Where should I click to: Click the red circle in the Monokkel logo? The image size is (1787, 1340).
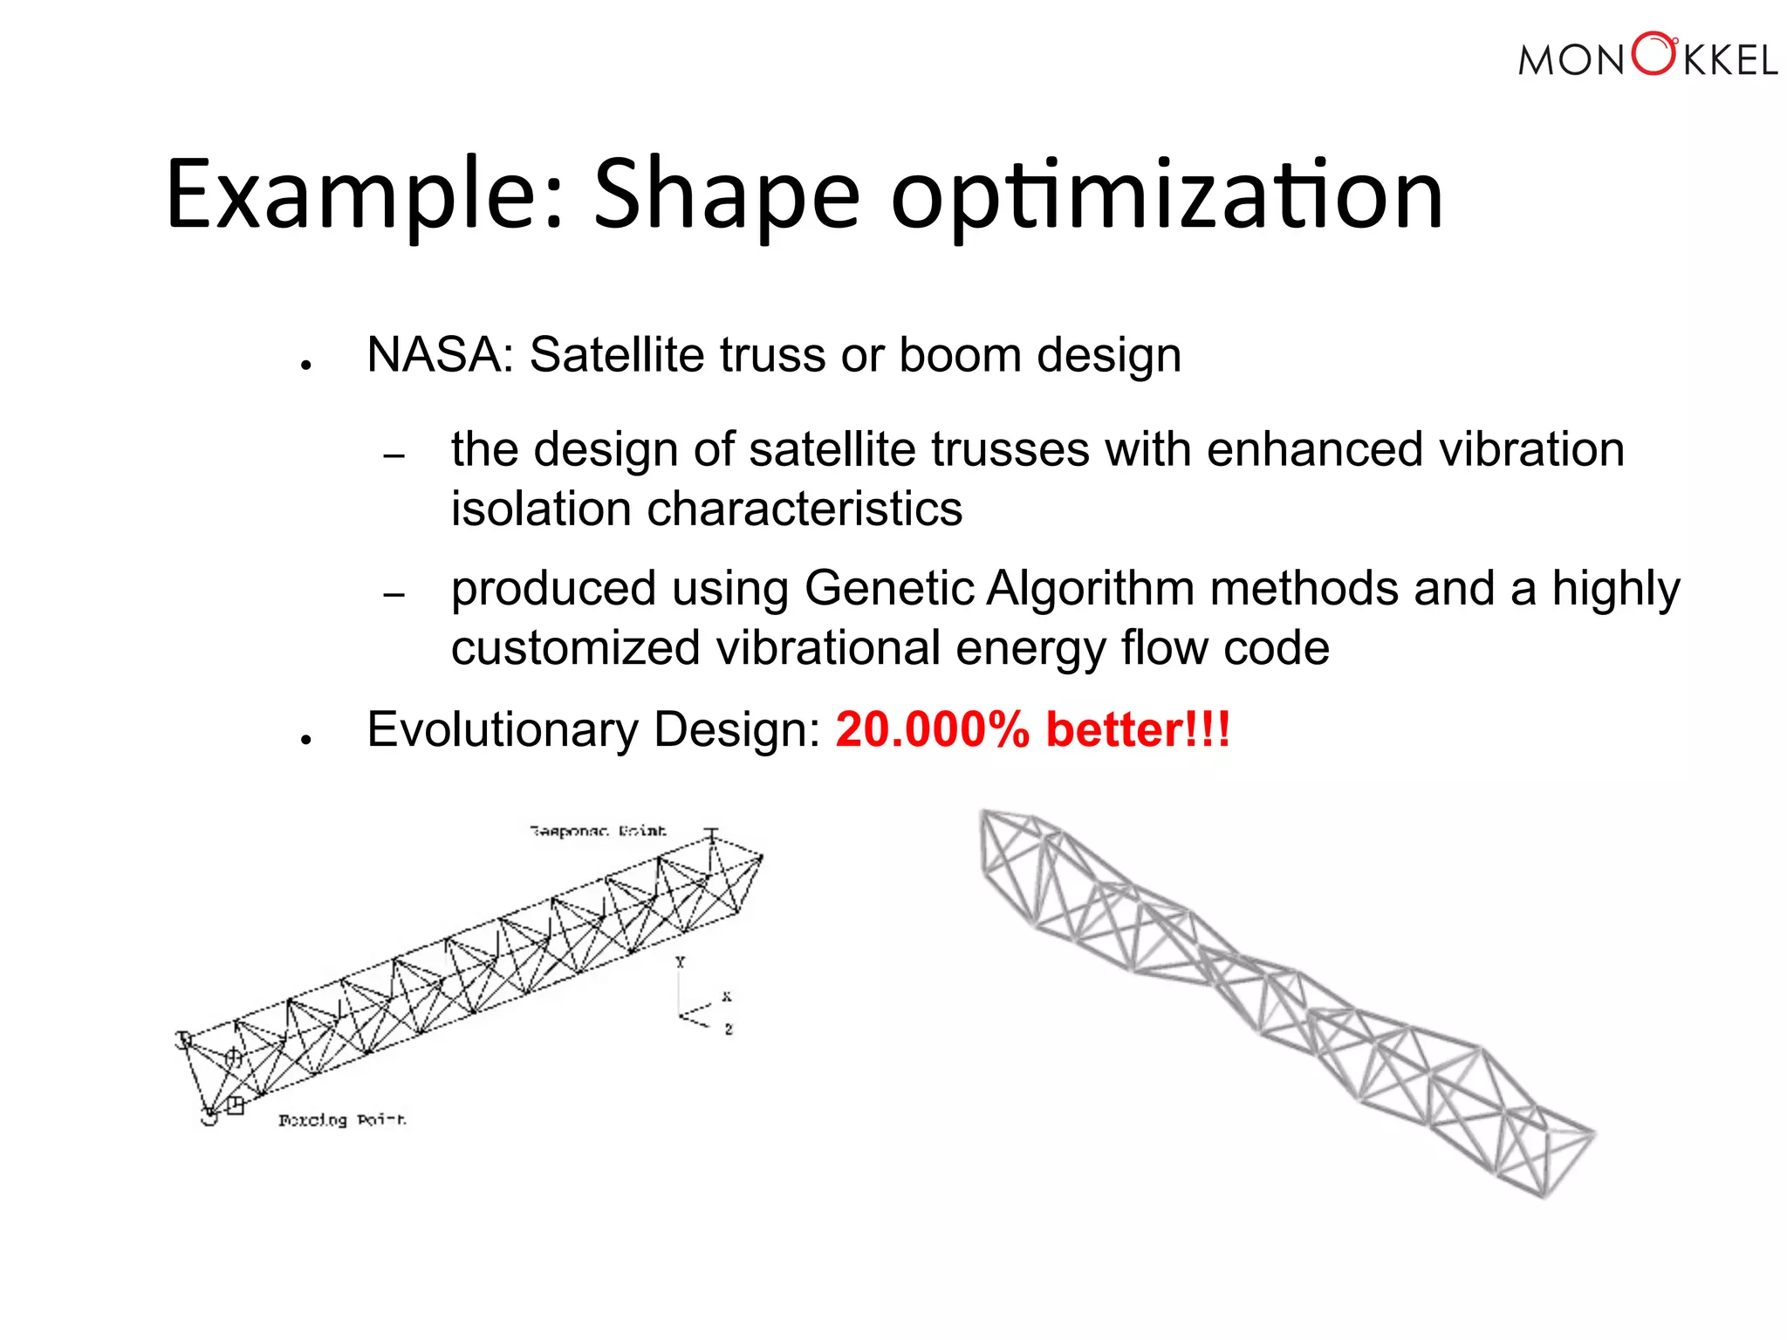(1653, 54)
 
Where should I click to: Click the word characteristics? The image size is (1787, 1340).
(804, 509)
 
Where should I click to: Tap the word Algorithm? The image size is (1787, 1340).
(1091, 590)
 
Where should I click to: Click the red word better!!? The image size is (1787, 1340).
(1138, 729)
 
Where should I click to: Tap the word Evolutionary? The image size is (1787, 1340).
(503, 731)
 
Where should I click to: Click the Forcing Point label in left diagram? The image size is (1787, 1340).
(342, 1120)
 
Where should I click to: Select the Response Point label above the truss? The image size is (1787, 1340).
(598, 831)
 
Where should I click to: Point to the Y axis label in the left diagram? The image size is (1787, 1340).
(681, 962)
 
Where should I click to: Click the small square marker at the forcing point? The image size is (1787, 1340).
(235, 1105)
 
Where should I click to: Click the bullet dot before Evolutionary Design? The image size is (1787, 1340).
(305, 740)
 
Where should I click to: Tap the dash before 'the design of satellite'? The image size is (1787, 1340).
(394, 456)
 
